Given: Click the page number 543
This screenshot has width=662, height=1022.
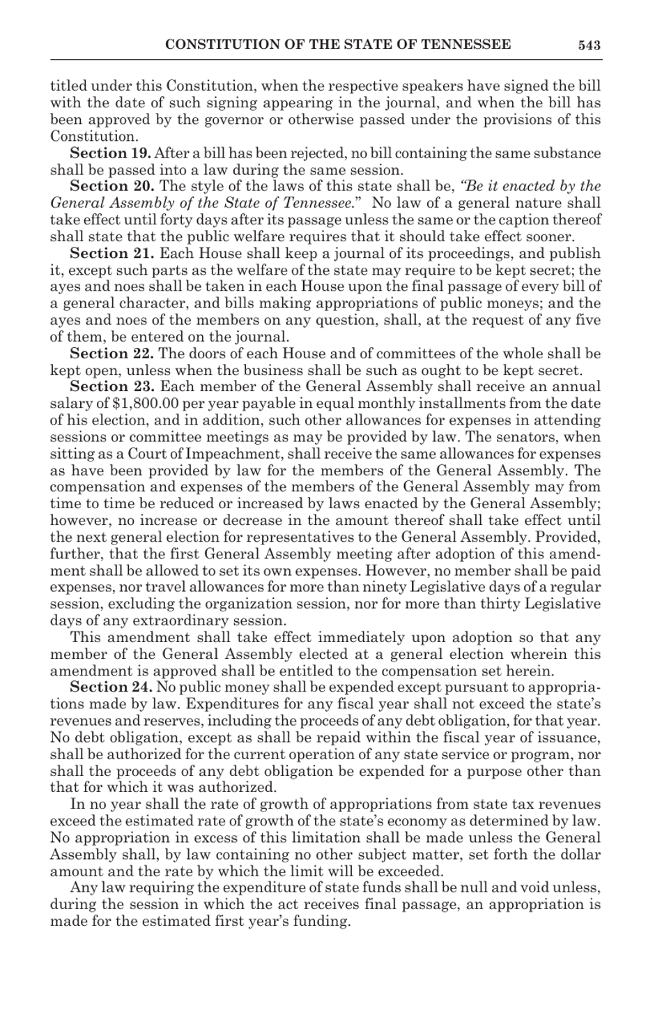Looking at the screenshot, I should pyautogui.click(x=589, y=45).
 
